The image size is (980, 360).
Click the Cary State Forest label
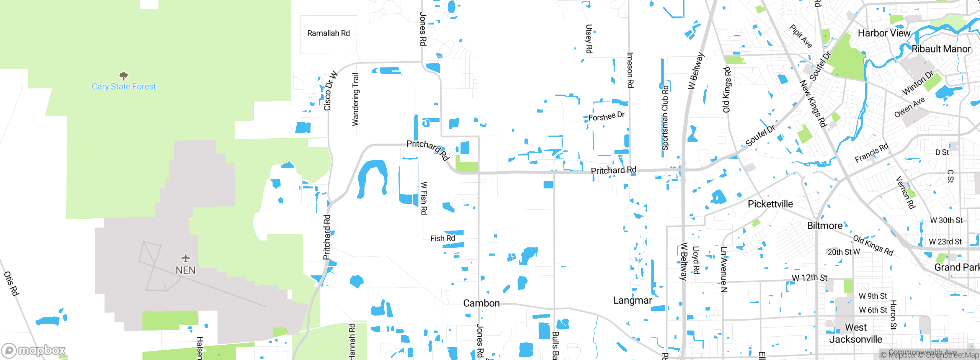124,87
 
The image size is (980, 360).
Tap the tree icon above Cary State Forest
123,75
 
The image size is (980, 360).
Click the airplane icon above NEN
186,258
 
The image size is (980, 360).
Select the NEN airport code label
186,270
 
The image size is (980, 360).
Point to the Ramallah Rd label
328,33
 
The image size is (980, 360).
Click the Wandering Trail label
356,100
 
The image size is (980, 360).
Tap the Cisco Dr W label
330,91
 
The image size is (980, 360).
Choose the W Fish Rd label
424,198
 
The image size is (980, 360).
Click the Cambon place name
481,303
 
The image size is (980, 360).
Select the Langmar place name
632,301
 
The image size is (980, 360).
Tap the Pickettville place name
770,204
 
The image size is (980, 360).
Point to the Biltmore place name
825,226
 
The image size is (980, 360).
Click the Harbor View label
884,33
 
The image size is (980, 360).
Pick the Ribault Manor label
941,49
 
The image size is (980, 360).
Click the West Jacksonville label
856,333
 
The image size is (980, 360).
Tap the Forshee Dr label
606,116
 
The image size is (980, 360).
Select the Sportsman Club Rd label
665,118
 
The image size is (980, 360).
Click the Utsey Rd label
589,39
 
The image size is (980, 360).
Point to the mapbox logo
34,350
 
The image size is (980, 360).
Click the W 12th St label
809,278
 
